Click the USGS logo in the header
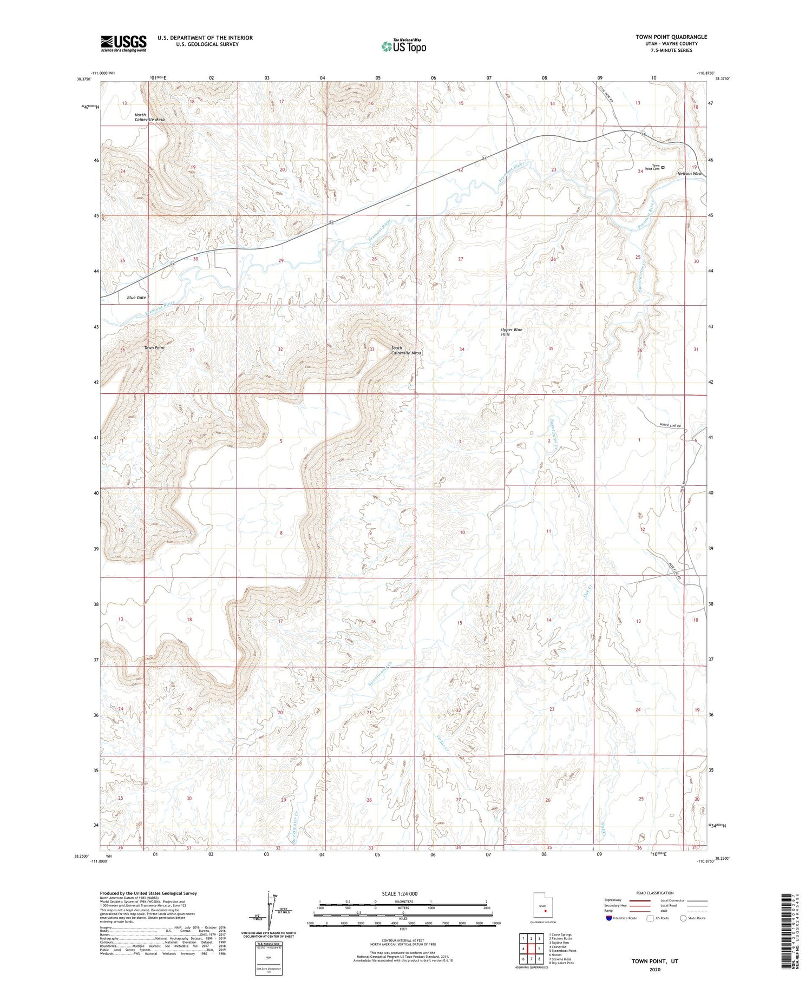pyautogui.click(x=123, y=43)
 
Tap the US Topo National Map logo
pyautogui.click(x=403, y=46)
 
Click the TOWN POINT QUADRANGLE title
pyautogui.click(x=671, y=37)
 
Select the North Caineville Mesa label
pyautogui.click(x=149, y=117)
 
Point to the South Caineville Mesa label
pyautogui.click(x=406, y=350)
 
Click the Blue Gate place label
pyautogui.click(x=136, y=298)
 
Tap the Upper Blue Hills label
pyautogui.click(x=511, y=332)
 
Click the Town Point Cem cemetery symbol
pyautogui.click(x=663, y=167)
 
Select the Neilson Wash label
pyautogui.click(x=690, y=174)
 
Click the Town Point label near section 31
pyautogui.click(x=154, y=348)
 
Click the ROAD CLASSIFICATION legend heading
pyautogui.click(x=655, y=893)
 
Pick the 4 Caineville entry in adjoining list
pyautogui.click(x=558, y=947)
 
